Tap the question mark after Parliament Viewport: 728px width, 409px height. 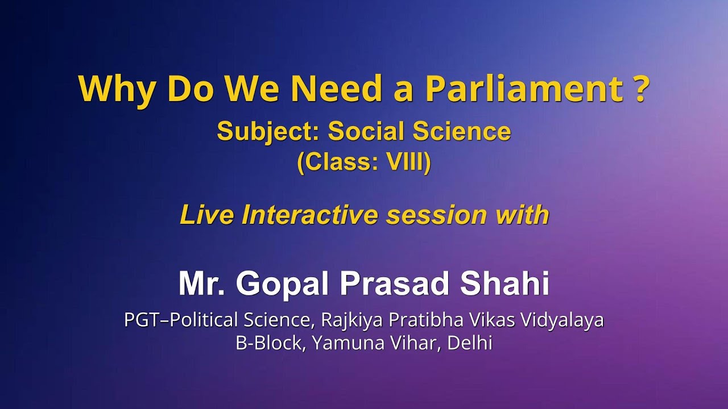click(638, 89)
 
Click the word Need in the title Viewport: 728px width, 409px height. click(336, 89)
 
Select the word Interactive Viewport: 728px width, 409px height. click(311, 215)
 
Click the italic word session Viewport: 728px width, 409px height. click(436, 215)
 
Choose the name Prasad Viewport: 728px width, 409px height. click(395, 283)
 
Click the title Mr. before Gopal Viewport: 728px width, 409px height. click(202, 283)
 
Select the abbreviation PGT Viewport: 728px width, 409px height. click(144, 320)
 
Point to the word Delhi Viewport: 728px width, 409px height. click(470, 343)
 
